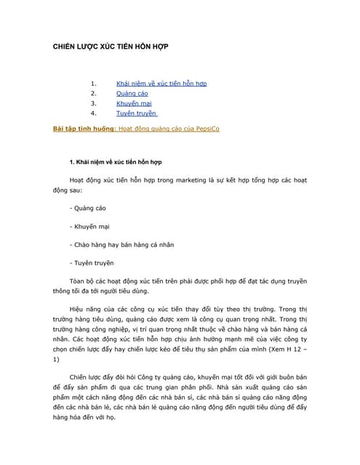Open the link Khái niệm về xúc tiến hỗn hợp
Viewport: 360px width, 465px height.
(x=161, y=83)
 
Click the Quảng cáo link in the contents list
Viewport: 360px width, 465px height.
(x=132, y=93)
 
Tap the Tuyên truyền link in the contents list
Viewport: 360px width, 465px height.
(x=136, y=113)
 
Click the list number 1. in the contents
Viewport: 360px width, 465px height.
(x=93, y=83)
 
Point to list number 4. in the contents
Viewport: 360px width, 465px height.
(x=93, y=113)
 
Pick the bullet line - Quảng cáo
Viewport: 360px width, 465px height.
(x=88, y=208)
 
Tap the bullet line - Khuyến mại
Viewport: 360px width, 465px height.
(x=89, y=226)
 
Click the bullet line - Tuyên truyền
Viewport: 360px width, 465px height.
(x=92, y=262)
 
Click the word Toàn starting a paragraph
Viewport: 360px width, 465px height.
(x=79, y=280)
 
